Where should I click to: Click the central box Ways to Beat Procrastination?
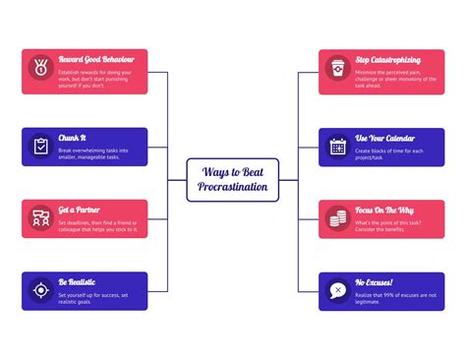pos(233,179)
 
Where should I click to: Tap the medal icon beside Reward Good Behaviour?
pos(40,71)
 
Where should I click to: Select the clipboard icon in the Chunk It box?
pos(40,146)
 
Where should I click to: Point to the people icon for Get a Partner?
pos(40,217)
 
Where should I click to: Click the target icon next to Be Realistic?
pos(40,290)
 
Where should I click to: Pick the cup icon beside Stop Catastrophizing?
pos(337,71)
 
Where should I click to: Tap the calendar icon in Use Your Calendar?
pos(337,146)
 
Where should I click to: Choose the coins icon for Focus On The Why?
pos(337,217)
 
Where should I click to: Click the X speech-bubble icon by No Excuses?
pos(337,290)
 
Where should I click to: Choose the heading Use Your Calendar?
pos(386,139)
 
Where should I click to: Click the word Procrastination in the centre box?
pos(233,187)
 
